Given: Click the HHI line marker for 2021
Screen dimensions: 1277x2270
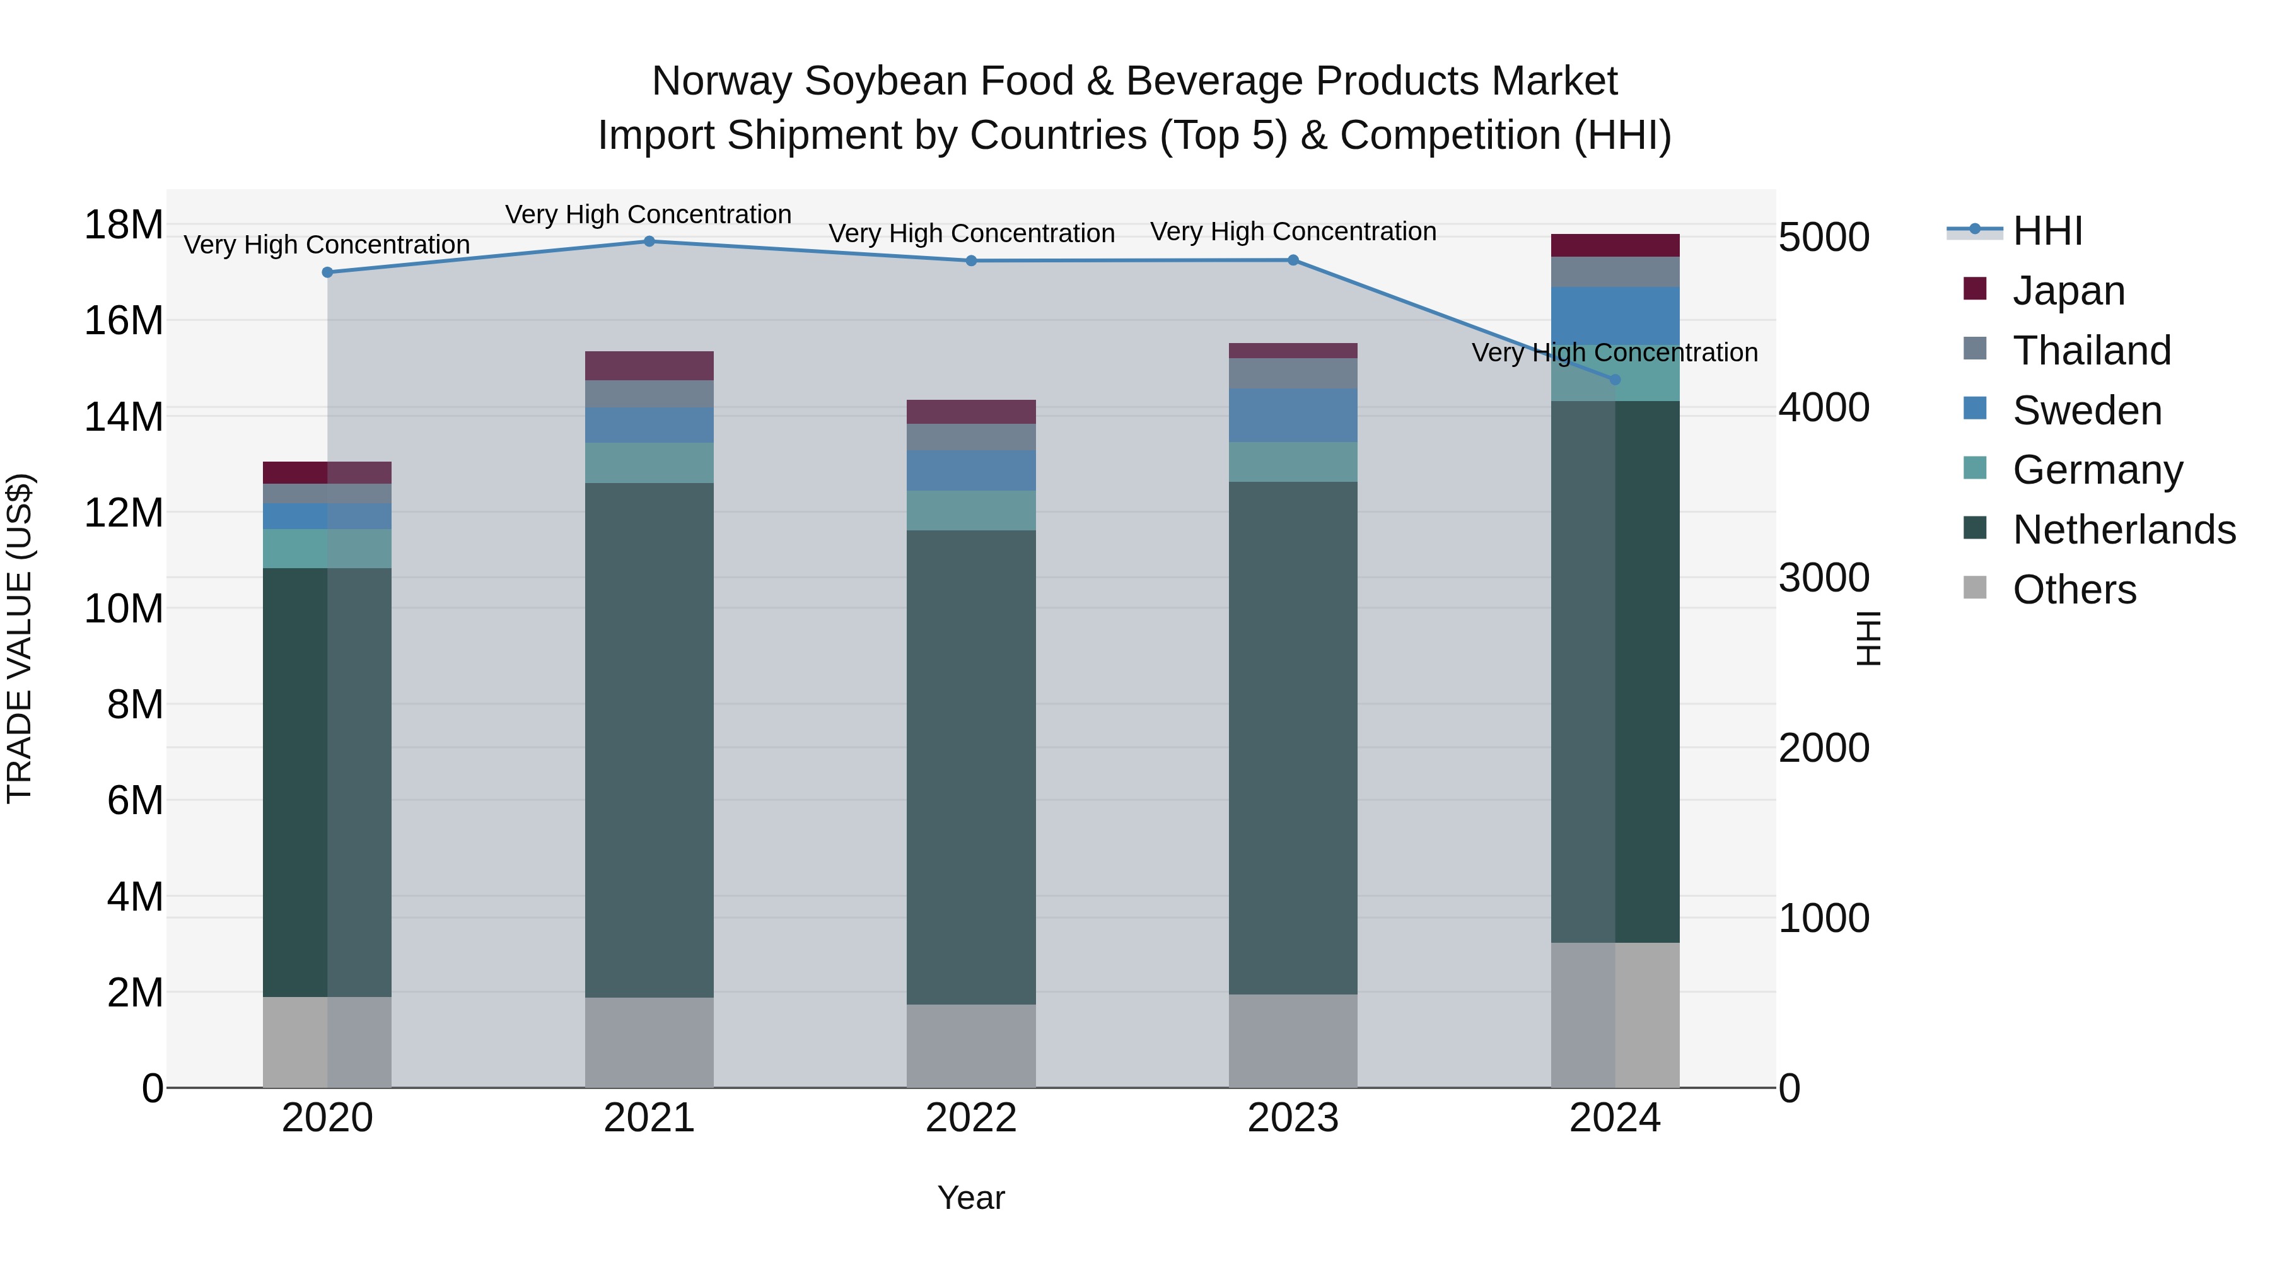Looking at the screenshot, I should click(649, 241).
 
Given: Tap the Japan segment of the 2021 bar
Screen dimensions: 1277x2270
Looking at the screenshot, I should click(649, 366).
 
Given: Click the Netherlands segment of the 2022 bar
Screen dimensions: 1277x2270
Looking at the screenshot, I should click(971, 767).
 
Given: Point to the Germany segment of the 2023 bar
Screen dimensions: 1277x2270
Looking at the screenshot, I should click(1293, 462).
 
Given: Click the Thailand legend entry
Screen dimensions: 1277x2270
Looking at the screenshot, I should click(2091, 351).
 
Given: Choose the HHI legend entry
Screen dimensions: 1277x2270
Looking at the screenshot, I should click(2047, 231).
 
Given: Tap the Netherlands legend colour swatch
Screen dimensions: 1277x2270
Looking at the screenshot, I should click(1975, 529).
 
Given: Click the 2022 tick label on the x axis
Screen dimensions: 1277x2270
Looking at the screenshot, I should click(971, 1118).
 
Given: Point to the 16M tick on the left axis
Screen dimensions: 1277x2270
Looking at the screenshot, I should click(124, 320).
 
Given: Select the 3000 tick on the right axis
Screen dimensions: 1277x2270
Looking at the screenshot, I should click(1823, 578).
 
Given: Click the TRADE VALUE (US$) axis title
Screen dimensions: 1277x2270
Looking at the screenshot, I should click(20, 638).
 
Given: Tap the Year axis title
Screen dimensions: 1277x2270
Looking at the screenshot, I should click(970, 1198).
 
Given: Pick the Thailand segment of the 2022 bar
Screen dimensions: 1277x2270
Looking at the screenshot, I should click(971, 437).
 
